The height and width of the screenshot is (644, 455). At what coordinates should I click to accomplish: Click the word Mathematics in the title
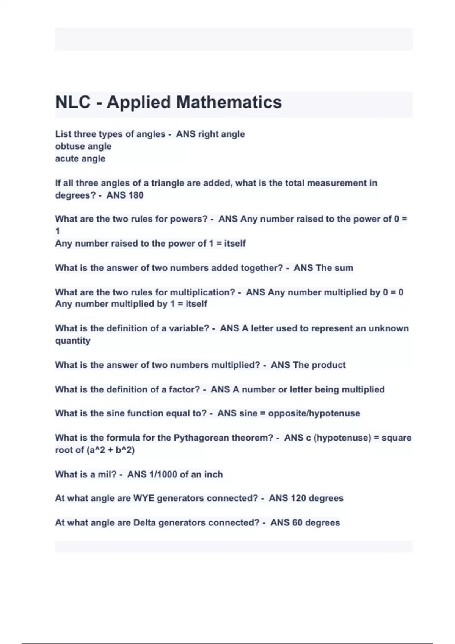click(229, 102)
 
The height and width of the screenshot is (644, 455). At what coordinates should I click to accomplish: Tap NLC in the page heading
click(73, 102)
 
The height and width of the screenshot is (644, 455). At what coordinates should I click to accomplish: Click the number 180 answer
click(135, 195)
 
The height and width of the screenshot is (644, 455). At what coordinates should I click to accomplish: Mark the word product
click(329, 365)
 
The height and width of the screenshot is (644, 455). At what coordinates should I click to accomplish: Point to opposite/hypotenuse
click(314, 413)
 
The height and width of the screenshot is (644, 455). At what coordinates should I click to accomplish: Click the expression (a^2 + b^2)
click(110, 450)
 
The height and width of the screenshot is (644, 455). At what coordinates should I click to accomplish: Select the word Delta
click(144, 523)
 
